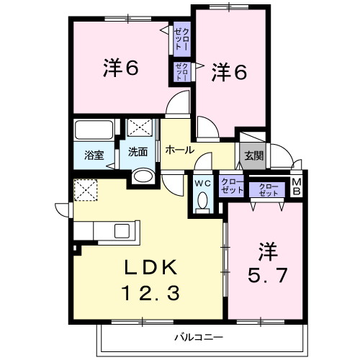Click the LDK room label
(150, 267)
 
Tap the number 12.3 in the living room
(150, 293)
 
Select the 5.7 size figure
(268, 275)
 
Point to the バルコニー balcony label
(199, 338)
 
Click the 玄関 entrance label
(254, 156)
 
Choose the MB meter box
(297, 187)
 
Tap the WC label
(203, 184)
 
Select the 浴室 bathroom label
(94, 156)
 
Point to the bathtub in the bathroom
(94, 130)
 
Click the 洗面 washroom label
(138, 152)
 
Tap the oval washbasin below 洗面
(143, 176)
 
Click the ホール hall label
(180, 150)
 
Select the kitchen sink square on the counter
(122, 230)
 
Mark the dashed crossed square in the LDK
(86, 190)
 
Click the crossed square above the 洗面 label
(140, 127)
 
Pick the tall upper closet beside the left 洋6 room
(182, 39)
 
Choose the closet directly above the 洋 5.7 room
(268, 189)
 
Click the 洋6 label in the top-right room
(229, 72)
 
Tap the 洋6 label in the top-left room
(121, 68)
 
